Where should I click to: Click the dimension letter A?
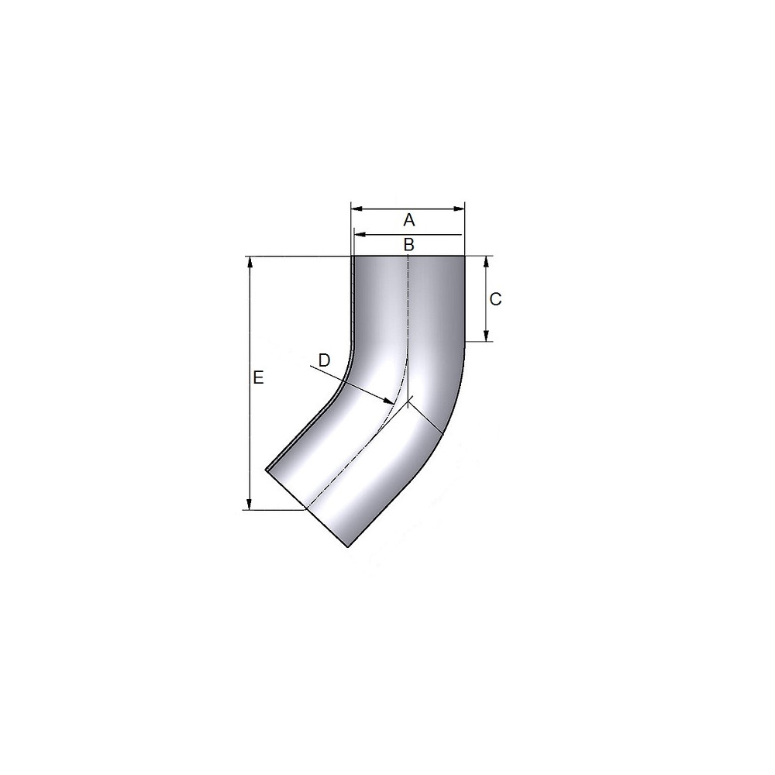coord(408,219)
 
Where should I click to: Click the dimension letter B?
coord(408,244)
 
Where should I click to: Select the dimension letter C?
coord(495,299)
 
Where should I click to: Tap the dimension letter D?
coord(324,360)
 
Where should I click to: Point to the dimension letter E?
coord(258,377)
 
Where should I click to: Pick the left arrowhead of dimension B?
coord(360,234)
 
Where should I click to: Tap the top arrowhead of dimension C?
coord(487,262)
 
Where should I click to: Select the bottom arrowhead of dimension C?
coord(487,335)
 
